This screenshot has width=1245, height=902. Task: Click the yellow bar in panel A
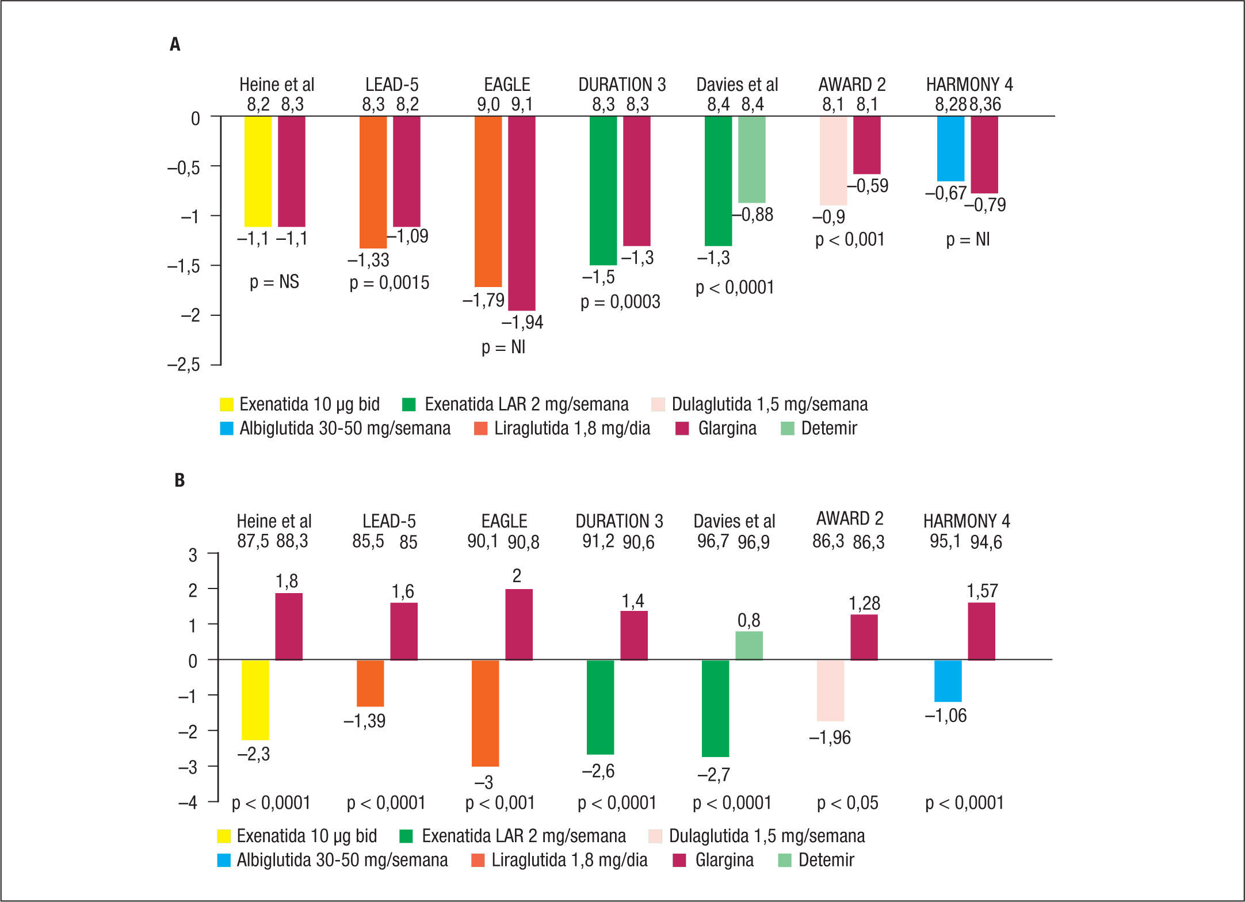[x=258, y=171]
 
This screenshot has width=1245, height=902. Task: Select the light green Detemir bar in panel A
[x=751, y=159]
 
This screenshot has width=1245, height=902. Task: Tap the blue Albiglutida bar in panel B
[x=948, y=681]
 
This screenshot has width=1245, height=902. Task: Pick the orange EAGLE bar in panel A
[x=488, y=201]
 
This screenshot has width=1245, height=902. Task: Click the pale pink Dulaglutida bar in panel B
[x=830, y=690]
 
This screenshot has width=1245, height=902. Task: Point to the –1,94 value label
[x=522, y=322]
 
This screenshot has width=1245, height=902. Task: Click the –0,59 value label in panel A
[x=868, y=186]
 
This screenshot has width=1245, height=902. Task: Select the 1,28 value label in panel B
[x=864, y=603]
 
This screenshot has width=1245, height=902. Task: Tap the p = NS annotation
[x=274, y=282]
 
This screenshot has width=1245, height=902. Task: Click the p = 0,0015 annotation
[x=389, y=283]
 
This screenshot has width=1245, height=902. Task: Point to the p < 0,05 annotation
[x=847, y=803]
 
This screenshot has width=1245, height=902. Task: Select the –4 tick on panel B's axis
[x=188, y=802]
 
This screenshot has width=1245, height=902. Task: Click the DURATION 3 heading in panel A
[x=622, y=85]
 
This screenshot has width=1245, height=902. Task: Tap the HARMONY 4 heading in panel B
[x=967, y=521]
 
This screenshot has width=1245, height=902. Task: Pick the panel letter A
[x=175, y=44]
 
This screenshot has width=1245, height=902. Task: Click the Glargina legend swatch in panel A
[x=682, y=429]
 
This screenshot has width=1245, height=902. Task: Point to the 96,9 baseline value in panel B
[x=754, y=542]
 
